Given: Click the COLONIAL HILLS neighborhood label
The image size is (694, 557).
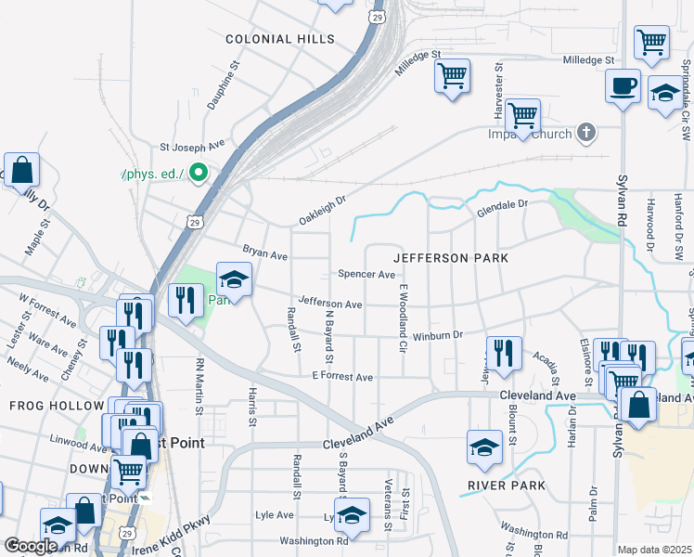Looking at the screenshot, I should pos(279,39).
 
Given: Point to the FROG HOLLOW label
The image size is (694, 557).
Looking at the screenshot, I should pos(58,406).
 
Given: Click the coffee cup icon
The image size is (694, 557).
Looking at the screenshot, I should pos(623,87).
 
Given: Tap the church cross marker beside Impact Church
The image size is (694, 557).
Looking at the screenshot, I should pos(585,134).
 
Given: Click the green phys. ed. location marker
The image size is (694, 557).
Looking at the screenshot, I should pos(197,172).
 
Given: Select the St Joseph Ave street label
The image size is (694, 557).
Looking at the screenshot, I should pos(192,146).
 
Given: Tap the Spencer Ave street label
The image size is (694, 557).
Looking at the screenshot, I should pos(366,274).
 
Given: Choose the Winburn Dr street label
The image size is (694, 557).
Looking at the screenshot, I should pos(438,336).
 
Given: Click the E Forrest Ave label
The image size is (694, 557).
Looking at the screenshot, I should pos(342,377).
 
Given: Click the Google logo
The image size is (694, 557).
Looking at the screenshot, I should pos(31,546).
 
